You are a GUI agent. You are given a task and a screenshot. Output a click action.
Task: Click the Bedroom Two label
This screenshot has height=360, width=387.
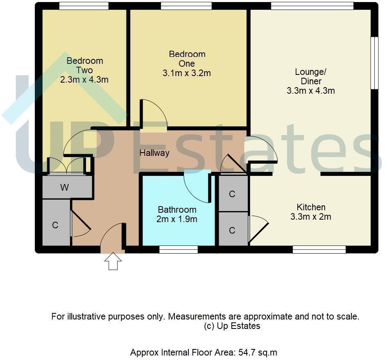click(85, 65)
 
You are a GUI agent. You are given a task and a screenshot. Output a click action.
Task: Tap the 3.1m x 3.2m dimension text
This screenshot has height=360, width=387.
click(187, 73)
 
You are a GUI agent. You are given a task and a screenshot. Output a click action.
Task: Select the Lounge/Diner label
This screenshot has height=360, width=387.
click(310, 76)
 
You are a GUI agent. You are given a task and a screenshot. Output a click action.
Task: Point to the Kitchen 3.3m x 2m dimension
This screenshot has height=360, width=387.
click(310, 217)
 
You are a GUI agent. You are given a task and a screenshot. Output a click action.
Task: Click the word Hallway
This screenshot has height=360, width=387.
click(154, 153)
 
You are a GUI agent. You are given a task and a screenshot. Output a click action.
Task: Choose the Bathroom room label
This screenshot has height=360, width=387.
click(177, 210)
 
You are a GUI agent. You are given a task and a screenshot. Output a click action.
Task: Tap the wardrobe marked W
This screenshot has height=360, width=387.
click(64, 188)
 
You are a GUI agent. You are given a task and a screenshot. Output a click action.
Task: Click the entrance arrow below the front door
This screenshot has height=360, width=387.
click(113, 261)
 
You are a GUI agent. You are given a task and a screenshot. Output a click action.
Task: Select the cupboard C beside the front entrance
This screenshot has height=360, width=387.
click(55, 225)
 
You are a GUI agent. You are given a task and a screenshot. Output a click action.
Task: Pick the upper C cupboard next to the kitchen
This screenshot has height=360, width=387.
click(232, 194)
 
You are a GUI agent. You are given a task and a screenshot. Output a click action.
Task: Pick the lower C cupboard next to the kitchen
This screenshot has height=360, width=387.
click(232, 230)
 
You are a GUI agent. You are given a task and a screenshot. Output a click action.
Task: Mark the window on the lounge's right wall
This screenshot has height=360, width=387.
click(374, 63)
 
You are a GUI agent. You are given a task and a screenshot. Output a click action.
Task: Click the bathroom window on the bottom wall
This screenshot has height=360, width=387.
click(179, 249)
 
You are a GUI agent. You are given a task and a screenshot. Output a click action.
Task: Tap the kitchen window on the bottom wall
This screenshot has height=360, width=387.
click(319, 249)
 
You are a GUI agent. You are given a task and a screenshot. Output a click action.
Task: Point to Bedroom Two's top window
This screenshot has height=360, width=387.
click(84, 6)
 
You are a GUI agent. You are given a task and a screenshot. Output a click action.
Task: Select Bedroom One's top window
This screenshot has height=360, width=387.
click(186, 6)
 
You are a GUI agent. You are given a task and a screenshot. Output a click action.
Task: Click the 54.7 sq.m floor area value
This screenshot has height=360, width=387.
click(260, 352)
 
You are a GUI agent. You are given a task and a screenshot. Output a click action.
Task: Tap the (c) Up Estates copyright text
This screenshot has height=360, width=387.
click(232, 326)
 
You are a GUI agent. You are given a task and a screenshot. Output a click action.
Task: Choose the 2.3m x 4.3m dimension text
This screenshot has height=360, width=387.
click(84, 80)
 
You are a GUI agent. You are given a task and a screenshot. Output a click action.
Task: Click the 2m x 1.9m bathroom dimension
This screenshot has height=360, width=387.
click(177, 219)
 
